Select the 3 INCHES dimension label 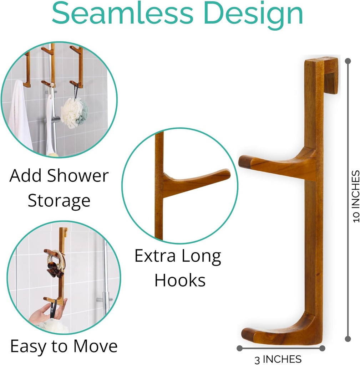pos(278,359)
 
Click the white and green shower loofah pos(74,112)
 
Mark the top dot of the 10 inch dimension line pos(348,61)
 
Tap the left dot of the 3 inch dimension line pos(239,348)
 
